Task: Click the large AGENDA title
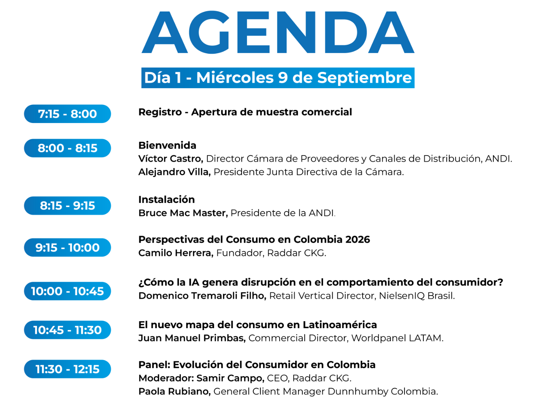pos(278,32)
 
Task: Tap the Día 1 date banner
pos(278,78)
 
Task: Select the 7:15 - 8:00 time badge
pos(67,114)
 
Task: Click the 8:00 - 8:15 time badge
pos(67,148)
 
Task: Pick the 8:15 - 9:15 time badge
pos(67,206)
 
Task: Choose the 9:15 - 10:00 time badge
pos(67,247)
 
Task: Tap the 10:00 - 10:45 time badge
pos(67,291)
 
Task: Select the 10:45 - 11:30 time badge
pos(67,330)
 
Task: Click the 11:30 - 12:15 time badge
pos(67,369)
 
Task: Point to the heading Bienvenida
pos(167,146)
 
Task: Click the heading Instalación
pos(167,200)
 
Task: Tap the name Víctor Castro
pos(171,159)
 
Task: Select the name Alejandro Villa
pos(174,172)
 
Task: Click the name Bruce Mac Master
pos(183,213)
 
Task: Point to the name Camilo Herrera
pos(176,253)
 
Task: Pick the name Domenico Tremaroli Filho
pos(202,296)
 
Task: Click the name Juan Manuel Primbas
pos(192,338)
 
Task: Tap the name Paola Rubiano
pos(174,391)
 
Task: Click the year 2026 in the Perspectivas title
pos(358,240)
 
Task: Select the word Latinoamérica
pos(340,324)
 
